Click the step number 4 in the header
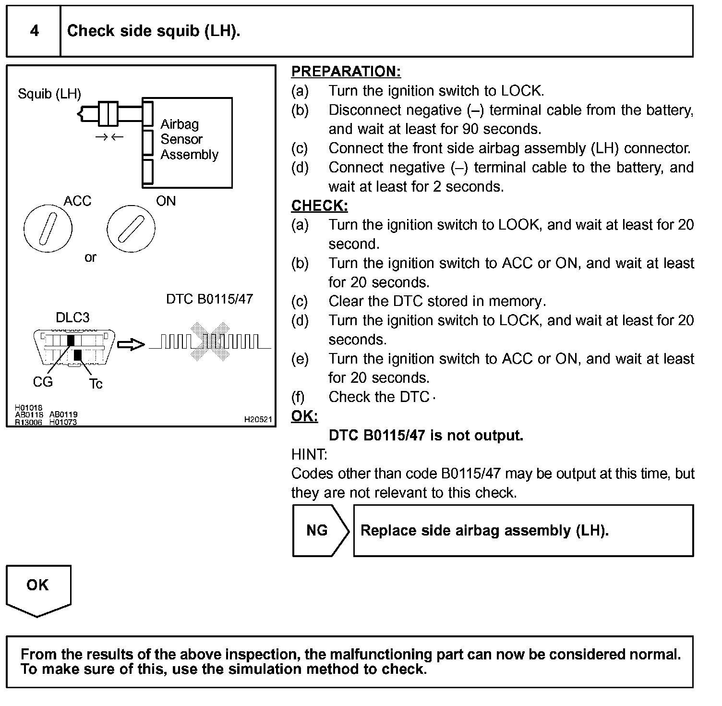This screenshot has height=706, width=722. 34,31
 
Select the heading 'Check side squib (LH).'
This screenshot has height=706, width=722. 154,31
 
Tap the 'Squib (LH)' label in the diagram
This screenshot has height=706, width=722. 49,94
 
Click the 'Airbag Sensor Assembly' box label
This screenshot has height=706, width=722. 189,139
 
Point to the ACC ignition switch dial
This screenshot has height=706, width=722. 48,229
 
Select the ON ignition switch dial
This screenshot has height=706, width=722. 131,229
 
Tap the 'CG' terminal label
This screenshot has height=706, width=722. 42,382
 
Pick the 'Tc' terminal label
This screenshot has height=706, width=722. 96,384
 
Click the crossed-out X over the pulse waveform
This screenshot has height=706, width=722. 210,341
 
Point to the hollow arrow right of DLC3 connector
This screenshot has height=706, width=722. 131,344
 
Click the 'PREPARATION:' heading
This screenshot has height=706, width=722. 346,72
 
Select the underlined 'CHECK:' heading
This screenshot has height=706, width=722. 319,206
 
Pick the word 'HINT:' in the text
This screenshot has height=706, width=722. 309,454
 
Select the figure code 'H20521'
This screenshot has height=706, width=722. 258,419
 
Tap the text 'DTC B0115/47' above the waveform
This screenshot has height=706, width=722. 209,299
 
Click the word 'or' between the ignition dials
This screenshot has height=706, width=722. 90,258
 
